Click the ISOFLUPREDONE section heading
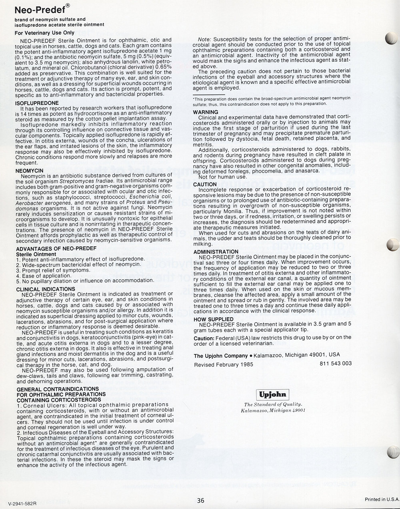pyautogui.click(x=36, y=103)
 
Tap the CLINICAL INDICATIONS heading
pyautogui.click(x=46, y=289)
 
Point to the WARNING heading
pyautogui.click(x=205, y=112)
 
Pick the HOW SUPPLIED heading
pyautogui.click(x=213, y=319)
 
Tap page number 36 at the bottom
pyautogui.click(x=200, y=500)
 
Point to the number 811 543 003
pyautogui.click(x=336, y=363)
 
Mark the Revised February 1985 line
pyautogui.click(x=223, y=365)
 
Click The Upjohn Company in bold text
pyautogui.click(x=221, y=355)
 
